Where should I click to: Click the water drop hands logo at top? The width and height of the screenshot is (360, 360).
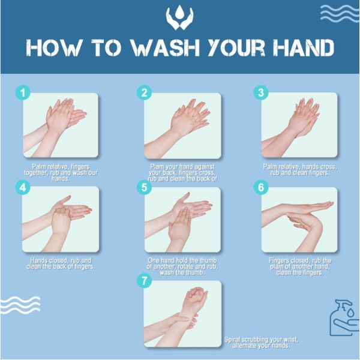(179, 18)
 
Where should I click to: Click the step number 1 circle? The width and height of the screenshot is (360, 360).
(22, 93)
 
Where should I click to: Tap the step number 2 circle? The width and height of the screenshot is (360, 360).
(144, 93)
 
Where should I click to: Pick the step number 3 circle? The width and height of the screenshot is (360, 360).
(260, 93)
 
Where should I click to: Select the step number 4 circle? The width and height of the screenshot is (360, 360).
(22, 187)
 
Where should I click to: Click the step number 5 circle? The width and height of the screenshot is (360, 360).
(144, 187)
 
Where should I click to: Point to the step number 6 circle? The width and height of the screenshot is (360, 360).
(260, 187)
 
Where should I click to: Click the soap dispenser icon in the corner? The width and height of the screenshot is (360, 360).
(343, 318)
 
